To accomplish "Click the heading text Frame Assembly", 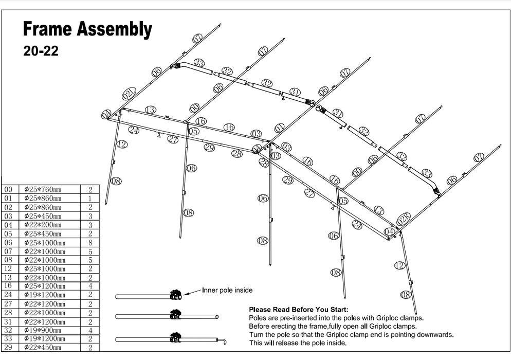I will tap(87, 30).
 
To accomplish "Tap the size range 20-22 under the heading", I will tap(41, 52).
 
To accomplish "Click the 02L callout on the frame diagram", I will tap(129, 93).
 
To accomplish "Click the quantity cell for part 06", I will tap(90, 242).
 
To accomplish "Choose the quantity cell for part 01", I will tap(90, 198).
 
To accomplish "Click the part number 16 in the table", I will tap(8, 286).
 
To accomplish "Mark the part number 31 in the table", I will tap(8, 321).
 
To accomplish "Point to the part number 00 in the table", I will tap(8, 189).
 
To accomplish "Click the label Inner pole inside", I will tap(227, 291).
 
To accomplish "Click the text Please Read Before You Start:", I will tap(298, 310).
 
